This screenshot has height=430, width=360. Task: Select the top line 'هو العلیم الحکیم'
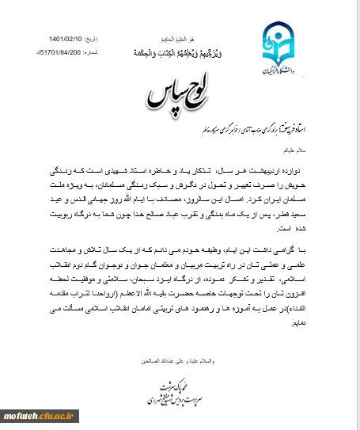[180, 36]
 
